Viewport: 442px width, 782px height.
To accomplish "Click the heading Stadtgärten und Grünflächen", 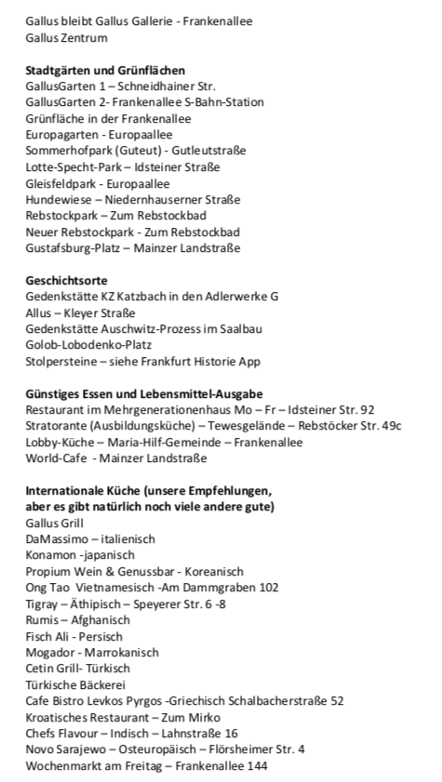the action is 105,71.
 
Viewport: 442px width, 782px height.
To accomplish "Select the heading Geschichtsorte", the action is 66,280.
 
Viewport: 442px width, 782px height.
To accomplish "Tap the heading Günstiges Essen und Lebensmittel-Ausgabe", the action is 144,393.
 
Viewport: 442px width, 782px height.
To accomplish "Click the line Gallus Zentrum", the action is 66,38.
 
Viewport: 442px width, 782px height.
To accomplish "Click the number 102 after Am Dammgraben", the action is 269,587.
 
